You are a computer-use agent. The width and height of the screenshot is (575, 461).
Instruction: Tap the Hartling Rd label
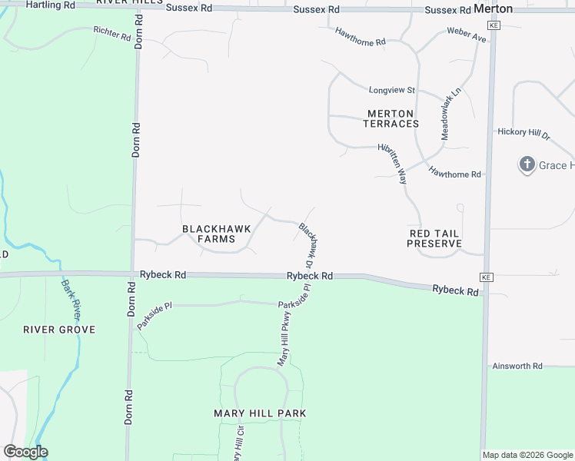[51, 5]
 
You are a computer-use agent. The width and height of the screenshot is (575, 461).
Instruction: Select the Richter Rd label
[112, 34]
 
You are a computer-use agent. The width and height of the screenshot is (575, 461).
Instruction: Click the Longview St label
[391, 90]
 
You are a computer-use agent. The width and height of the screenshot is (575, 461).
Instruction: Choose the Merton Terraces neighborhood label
[391, 118]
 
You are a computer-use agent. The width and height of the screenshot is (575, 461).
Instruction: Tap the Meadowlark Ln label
[450, 112]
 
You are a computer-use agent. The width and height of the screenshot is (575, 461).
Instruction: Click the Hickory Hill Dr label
[523, 133]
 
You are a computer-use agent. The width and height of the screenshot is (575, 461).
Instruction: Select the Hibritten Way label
[391, 164]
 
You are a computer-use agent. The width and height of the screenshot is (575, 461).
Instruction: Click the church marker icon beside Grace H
[527, 164]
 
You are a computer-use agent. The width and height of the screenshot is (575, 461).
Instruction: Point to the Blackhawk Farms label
[208, 234]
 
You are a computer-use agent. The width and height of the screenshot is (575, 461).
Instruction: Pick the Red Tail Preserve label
[434, 238]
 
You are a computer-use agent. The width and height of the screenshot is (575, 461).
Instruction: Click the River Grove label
[59, 330]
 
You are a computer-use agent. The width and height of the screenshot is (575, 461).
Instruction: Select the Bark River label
[71, 300]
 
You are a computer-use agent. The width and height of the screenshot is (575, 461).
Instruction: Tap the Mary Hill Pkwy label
[285, 337]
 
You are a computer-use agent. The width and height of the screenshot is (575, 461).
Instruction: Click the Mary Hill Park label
[260, 413]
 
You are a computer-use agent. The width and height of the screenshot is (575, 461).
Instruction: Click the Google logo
[25, 452]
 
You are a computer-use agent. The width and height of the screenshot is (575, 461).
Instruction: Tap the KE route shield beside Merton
[494, 25]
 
